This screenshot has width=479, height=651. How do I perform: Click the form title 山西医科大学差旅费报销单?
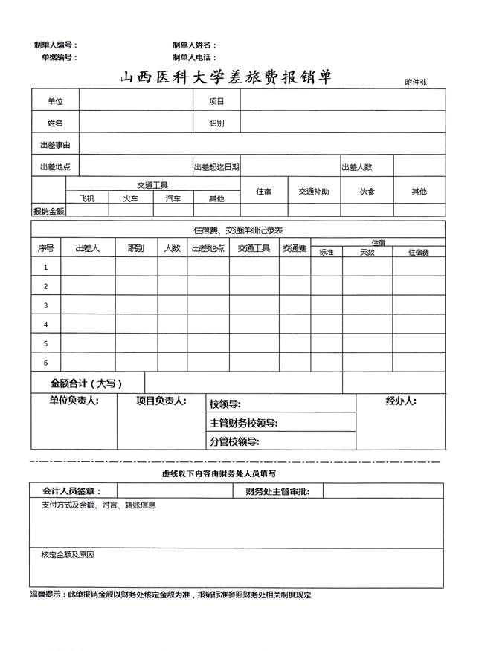(226, 77)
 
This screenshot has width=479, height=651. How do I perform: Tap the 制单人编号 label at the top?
(55, 45)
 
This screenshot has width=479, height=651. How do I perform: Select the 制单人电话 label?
(194, 57)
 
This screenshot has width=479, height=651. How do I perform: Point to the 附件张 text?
(416, 82)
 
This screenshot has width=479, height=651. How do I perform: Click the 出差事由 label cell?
(54, 145)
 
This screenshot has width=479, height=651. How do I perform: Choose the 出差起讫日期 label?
(216, 167)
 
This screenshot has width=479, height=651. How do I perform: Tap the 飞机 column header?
(87, 198)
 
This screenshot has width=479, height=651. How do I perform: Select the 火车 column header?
(130, 198)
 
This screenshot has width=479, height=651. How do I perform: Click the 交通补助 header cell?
(314, 192)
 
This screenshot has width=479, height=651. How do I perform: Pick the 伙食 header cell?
(367, 192)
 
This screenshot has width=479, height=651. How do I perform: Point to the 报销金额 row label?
(48, 211)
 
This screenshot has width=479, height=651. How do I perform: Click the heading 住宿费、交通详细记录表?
(238, 230)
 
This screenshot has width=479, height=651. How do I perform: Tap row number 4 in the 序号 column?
(46, 325)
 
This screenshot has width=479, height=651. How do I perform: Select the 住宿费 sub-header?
(419, 253)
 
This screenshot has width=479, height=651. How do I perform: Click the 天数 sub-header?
(367, 253)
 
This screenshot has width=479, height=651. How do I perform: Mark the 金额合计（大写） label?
(86, 383)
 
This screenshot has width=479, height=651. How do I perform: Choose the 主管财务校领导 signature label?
(244, 424)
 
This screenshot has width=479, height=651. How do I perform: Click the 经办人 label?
(401, 401)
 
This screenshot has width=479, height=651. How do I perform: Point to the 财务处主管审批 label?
(277, 491)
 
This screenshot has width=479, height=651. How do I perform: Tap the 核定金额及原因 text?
(67, 554)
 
